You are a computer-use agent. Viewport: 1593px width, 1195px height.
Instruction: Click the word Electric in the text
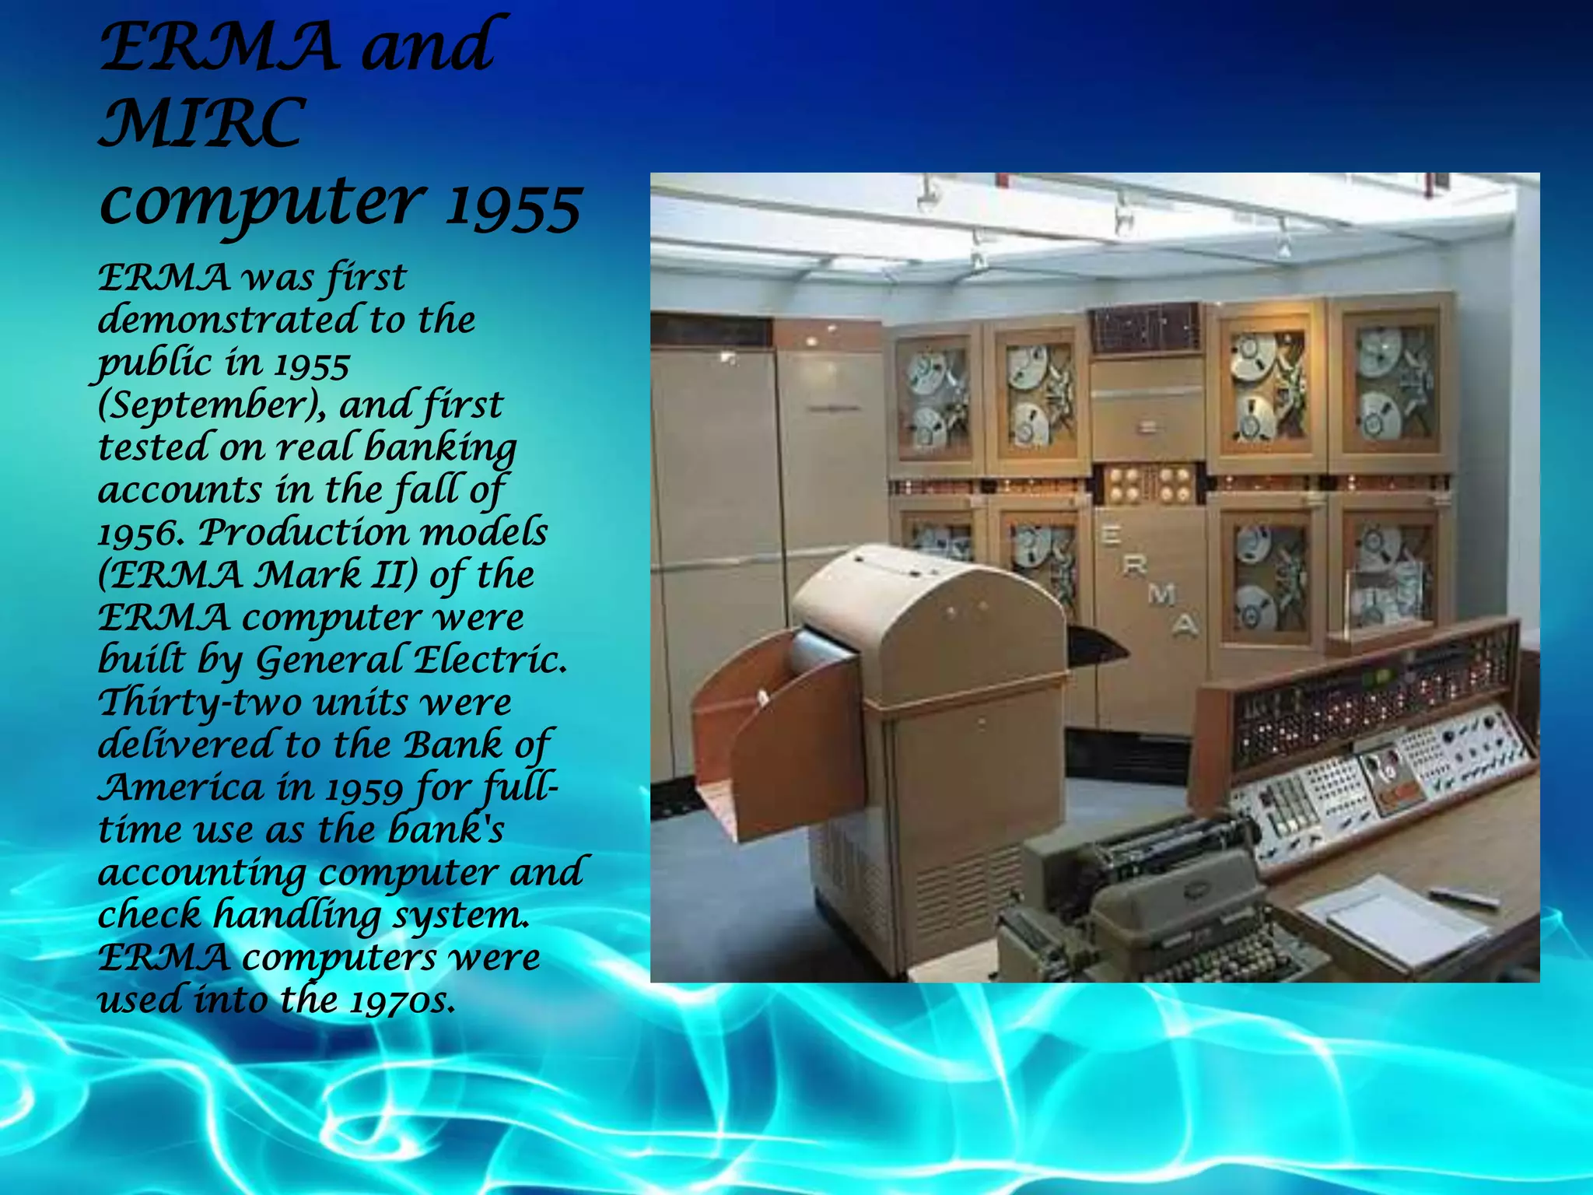[490, 660]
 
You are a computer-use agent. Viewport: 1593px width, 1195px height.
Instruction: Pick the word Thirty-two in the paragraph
[200, 703]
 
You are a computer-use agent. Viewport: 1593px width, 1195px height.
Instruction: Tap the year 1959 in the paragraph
[364, 789]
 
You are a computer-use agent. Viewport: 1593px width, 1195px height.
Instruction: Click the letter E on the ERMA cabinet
[1110, 535]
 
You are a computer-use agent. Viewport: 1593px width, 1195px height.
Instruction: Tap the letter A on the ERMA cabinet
[1185, 624]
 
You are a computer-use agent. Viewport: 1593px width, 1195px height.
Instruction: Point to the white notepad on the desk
[1392, 922]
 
